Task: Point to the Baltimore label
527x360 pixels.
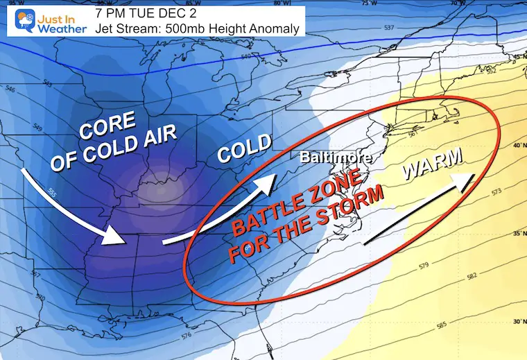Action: pos(336,159)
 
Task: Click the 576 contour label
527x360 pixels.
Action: pos(186,336)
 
